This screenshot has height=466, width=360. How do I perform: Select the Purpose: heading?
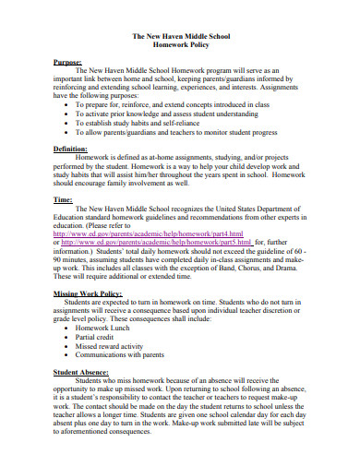[68, 61]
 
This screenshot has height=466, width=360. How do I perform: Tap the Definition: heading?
[72, 148]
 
